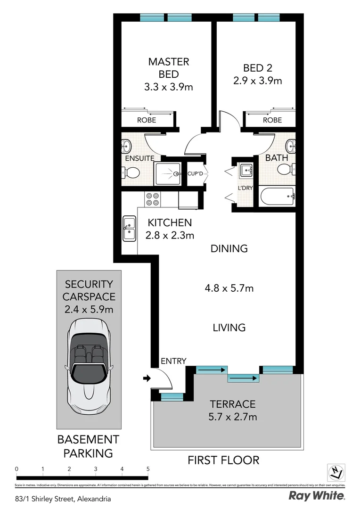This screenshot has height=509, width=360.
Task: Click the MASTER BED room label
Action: pos(169,68)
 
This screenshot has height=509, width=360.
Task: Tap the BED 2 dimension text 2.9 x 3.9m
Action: pos(257,81)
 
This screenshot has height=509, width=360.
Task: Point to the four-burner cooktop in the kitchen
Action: pos(152,199)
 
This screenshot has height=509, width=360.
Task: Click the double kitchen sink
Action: pos(129,228)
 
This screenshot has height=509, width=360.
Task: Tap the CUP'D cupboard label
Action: pos(195,173)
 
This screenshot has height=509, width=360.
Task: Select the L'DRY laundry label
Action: pos(245,188)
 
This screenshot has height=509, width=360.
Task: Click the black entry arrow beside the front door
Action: pos(147,378)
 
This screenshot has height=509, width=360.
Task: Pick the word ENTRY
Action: pos(173,361)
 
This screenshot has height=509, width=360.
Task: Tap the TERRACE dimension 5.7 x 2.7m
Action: pos(233,417)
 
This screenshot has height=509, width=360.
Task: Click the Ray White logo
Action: pos(317,496)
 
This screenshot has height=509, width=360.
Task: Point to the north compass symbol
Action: pos(336,472)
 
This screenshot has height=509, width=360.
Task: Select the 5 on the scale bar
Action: pos(148,469)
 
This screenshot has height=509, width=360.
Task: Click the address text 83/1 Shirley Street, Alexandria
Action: pos(63,498)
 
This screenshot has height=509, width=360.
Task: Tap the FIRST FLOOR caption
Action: pos(223,460)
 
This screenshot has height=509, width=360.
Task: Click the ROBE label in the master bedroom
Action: pos(146,120)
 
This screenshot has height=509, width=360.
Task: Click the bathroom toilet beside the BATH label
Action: pos(285,169)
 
